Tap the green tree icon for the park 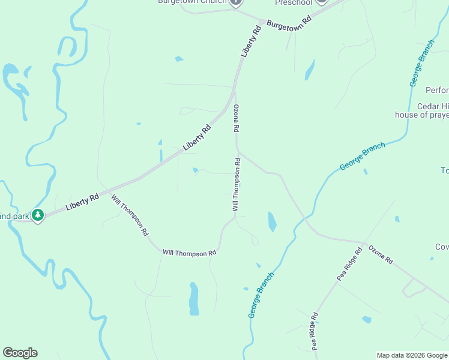[38, 215]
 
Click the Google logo [20, 353]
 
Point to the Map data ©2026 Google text [412, 355]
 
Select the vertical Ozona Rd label [237, 119]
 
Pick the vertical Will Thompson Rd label [237, 184]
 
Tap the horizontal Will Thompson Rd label [189, 253]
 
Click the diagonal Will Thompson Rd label [130, 215]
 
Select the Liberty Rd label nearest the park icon [82, 201]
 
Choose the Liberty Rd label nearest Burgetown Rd [252, 40]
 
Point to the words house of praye [421, 115]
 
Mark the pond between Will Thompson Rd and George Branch [272, 221]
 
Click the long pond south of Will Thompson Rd [193, 298]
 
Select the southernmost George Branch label [261, 295]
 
